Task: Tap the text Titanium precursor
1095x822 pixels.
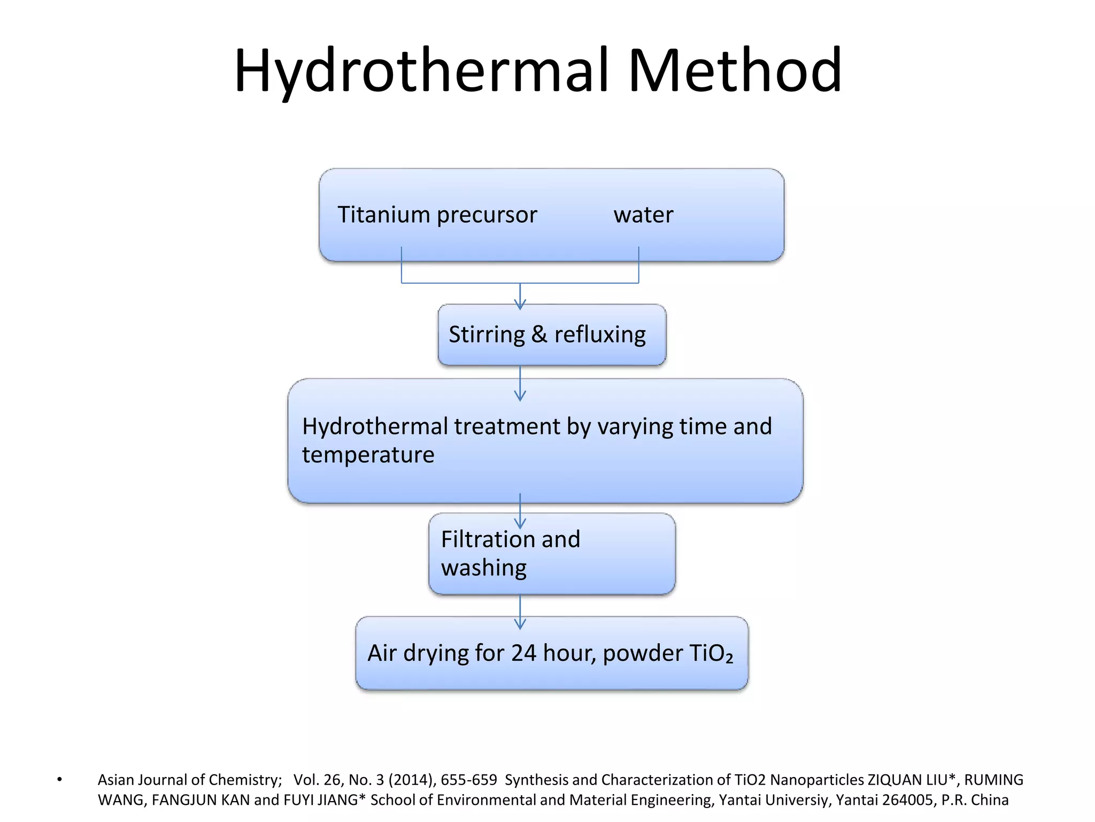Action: tap(437, 215)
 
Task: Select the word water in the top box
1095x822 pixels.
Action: tap(643, 215)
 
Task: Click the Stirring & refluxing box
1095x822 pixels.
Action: tap(552, 335)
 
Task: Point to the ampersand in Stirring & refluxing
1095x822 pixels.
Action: tap(539, 334)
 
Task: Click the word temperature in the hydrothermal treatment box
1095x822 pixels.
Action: tap(368, 455)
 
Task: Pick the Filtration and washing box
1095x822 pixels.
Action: tap(552, 554)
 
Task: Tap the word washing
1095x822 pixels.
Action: tap(483, 568)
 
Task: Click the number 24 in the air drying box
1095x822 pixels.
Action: tap(523, 653)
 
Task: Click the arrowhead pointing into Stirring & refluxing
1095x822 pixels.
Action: tap(520, 305)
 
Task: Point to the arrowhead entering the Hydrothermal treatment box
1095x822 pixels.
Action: tap(520, 396)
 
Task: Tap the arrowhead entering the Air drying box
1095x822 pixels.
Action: tap(520, 624)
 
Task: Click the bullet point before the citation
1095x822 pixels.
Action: tap(59, 780)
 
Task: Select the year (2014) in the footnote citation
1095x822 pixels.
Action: tap(412, 780)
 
